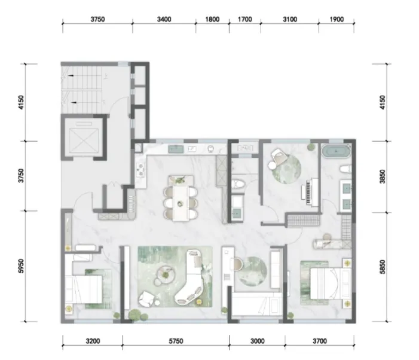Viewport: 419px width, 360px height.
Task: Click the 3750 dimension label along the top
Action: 97,20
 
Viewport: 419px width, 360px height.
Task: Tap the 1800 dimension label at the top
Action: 212,20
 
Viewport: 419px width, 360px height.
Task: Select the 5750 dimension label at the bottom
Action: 176,341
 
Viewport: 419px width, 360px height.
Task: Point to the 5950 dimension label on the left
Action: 21,266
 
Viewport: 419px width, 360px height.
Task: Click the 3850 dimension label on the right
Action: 383,176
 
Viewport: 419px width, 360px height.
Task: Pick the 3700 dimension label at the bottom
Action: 320,341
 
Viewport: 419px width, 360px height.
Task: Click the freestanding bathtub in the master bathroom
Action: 336,151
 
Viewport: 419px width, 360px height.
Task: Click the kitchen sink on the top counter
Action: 176,149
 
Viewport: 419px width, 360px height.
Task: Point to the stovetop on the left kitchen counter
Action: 140,170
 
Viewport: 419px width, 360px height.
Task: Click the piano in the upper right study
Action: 310,192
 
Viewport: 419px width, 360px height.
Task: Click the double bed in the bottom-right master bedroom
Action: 331,283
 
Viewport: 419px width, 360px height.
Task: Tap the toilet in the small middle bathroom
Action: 237,184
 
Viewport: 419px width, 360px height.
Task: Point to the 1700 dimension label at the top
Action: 245,20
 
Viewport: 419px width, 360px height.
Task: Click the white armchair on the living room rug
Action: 146,299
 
